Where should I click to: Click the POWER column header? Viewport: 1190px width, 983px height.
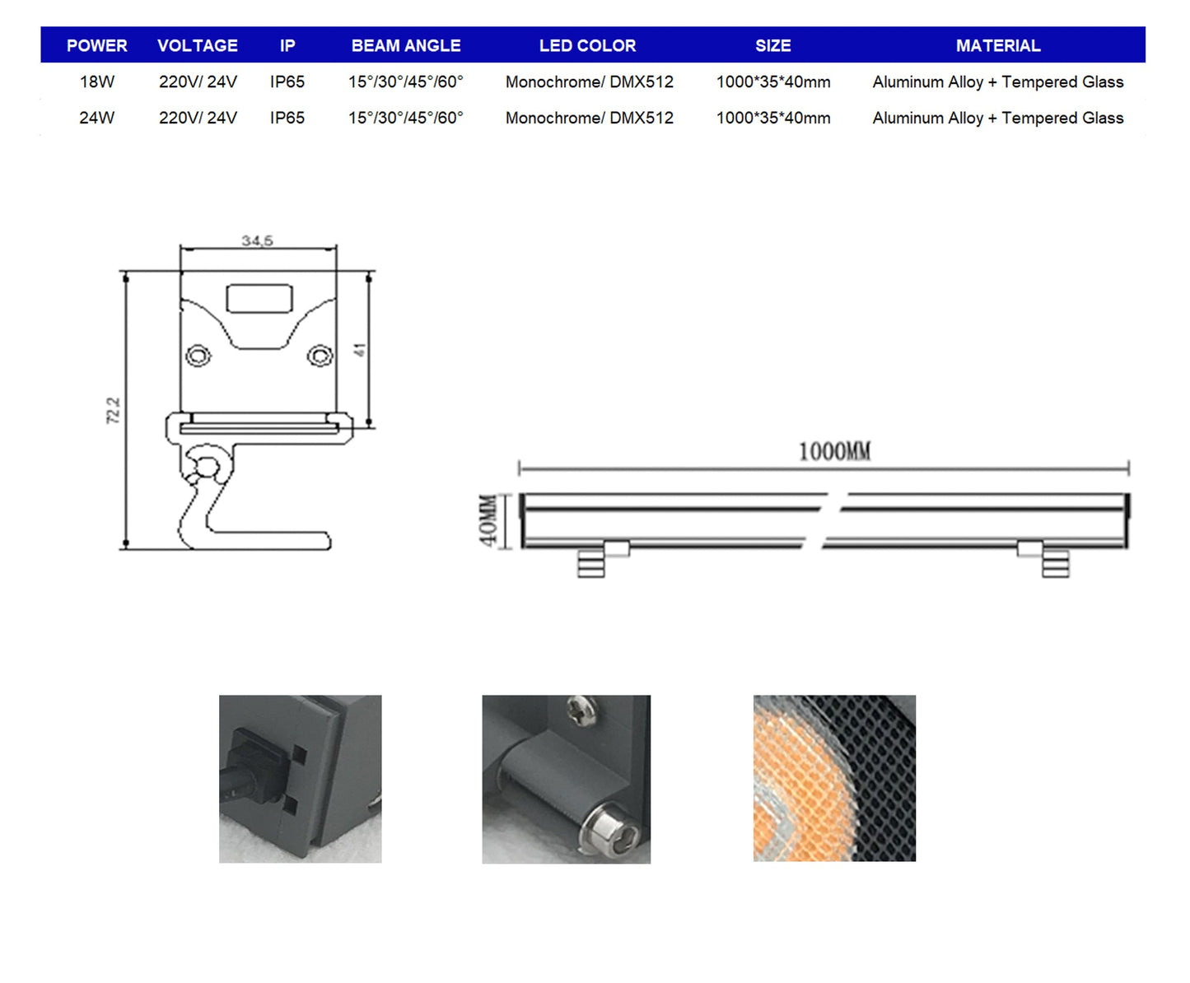[x=97, y=45]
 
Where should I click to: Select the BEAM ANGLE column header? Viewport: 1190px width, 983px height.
[x=406, y=45]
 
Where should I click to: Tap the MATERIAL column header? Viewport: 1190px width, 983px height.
[x=998, y=45]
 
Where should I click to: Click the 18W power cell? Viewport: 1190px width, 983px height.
[x=97, y=82]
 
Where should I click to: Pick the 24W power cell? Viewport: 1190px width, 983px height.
[x=97, y=118]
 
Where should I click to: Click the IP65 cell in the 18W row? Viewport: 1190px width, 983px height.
[x=287, y=82]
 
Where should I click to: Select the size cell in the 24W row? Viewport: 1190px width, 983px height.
[x=772, y=118]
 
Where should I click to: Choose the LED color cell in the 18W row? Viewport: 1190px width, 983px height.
[x=590, y=82]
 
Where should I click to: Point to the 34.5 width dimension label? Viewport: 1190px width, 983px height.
[x=257, y=240]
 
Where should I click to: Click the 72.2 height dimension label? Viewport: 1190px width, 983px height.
[x=114, y=410]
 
